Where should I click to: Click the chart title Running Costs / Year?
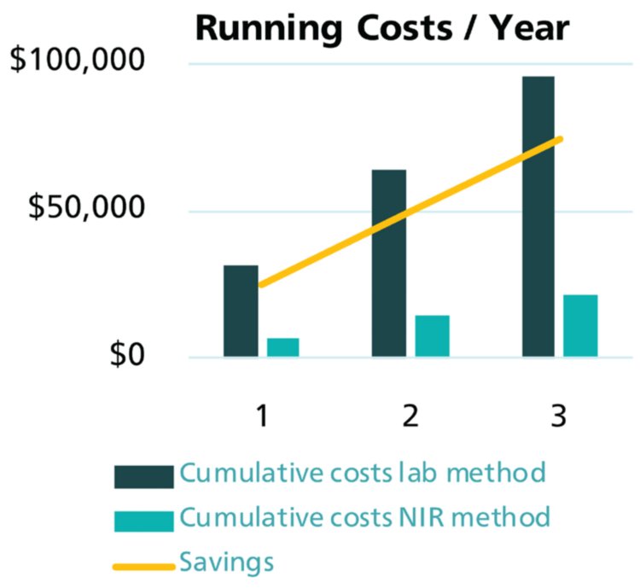(381, 27)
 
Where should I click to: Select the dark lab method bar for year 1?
(241, 311)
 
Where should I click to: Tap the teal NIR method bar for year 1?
(283, 347)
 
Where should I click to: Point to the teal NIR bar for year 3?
(580, 325)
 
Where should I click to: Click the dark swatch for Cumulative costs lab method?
(143, 474)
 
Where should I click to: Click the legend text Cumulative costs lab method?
(362, 474)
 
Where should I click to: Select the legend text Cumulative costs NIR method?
(364, 518)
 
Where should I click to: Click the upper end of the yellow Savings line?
(561, 138)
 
